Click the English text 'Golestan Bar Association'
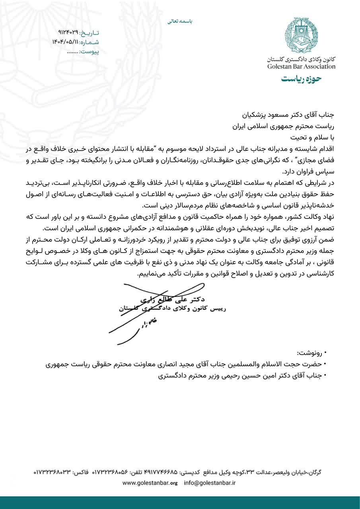(302, 66)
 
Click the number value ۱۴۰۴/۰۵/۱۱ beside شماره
(65, 42)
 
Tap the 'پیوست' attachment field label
(89, 52)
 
